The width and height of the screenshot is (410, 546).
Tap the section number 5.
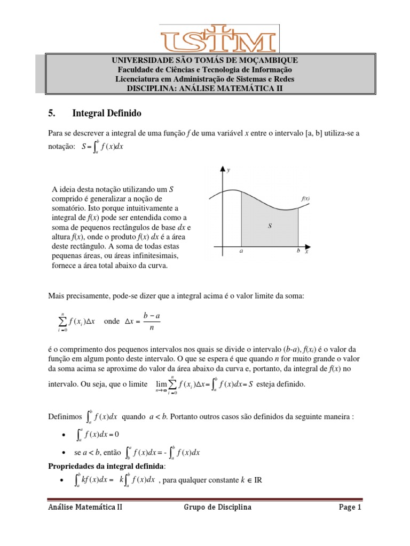click(52, 114)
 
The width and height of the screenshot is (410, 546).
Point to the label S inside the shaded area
click(270, 227)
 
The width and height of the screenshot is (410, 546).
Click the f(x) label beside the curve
click(306, 198)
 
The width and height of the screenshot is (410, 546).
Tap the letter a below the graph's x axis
click(242, 254)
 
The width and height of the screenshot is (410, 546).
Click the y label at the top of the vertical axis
click(228, 171)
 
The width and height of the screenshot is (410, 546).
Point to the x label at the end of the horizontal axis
click(306, 253)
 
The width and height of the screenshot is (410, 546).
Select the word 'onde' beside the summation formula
click(112, 322)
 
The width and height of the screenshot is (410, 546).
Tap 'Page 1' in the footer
click(350, 508)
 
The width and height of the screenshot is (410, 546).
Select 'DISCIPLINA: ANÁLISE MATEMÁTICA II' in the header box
click(204, 88)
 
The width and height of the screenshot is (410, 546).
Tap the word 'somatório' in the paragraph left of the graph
click(68, 207)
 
